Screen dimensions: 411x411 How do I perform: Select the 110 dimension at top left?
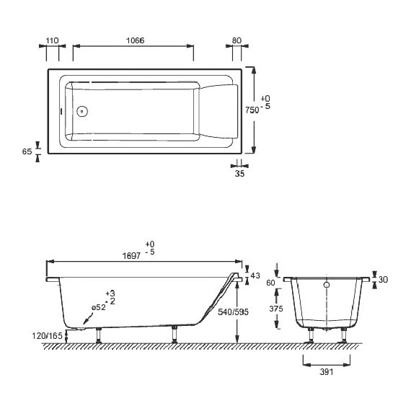click(51, 40)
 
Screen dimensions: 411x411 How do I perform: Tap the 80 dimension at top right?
click(237, 40)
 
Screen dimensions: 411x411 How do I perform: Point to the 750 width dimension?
click(251, 110)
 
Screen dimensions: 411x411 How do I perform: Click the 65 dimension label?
click(27, 152)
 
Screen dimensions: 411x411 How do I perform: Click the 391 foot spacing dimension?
click(326, 373)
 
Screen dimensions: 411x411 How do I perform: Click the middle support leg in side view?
click(173, 333)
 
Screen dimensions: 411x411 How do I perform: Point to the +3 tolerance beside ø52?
click(110, 293)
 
